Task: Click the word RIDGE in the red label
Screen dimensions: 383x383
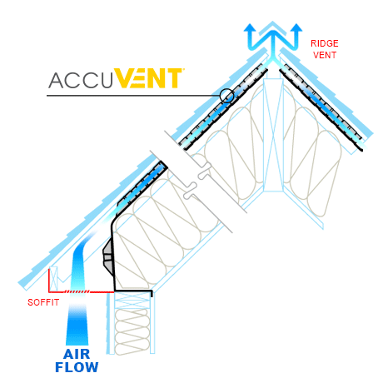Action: (x=324, y=43)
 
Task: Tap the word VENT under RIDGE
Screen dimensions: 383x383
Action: (x=325, y=55)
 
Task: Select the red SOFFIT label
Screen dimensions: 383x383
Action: (x=43, y=302)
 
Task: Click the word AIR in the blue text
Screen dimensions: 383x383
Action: (x=77, y=354)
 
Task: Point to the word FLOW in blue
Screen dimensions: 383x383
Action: (x=77, y=367)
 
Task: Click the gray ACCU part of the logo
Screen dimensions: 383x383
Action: (x=81, y=81)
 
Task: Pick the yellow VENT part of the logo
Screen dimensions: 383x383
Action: (x=148, y=78)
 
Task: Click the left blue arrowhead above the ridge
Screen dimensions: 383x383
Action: (x=250, y=28)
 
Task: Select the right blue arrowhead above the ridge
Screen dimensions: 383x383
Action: (x=296, y=27)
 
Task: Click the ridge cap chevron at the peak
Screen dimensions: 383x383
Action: (x=273, y=27)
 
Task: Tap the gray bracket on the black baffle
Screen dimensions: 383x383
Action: (x=108, y=257)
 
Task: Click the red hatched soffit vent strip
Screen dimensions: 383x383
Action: (x=77, y=291)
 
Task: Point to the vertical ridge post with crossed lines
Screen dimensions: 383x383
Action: (x=273, y=135)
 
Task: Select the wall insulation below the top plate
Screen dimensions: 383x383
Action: (x=132, y=331)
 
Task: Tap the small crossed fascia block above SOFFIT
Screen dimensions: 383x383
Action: (x=53, y=278)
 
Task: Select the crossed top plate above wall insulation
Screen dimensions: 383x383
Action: (x=132, y=299)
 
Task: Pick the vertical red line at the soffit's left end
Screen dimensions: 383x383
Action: (x=49, y=281)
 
